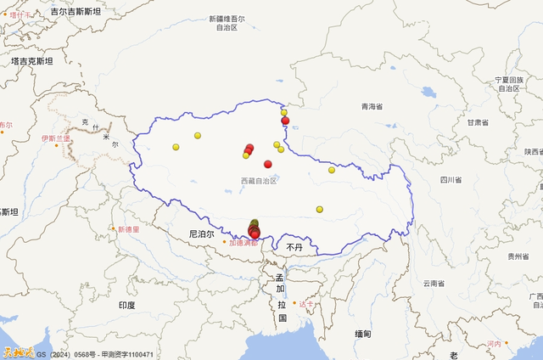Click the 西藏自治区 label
coord(260,181)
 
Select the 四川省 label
coord(451,180)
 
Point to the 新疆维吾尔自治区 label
coord(227,23)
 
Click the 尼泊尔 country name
coord(202,233)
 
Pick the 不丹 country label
coord(294,246)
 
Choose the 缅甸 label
coord(363,333)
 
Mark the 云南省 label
coord(434,283)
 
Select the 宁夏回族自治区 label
coord(508,83)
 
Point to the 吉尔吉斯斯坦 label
coord(76,12)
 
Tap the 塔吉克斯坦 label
coord(31,61)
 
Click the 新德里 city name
coord(132,229)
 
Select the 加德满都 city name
coord(243,242)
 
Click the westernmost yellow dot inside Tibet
coord(176,147)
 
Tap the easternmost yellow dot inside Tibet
coord(332,170)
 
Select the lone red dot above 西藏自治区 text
coord(268,164)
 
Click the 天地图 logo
coord(17,352)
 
